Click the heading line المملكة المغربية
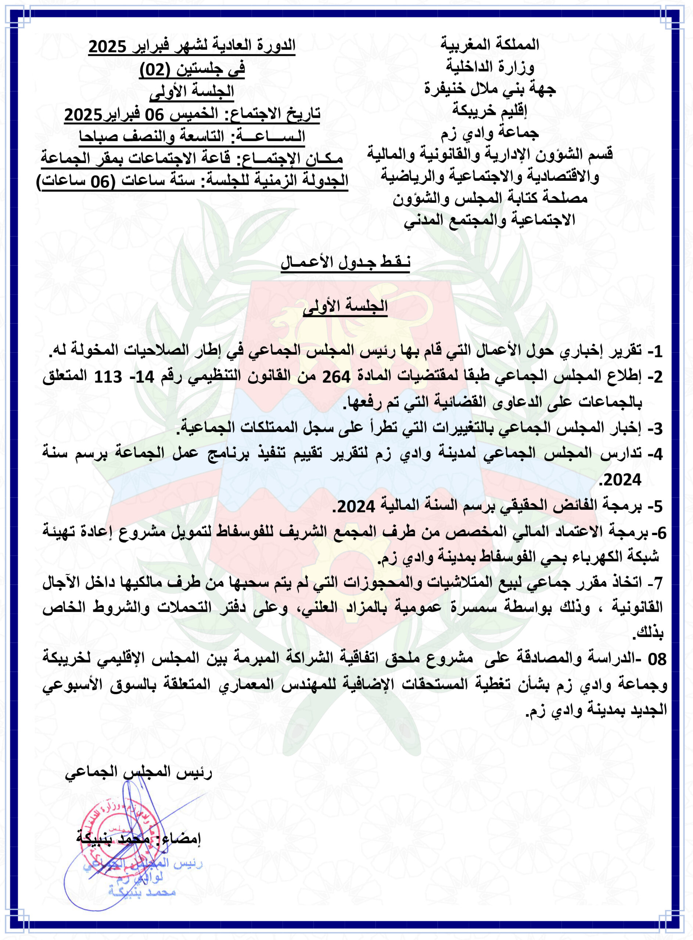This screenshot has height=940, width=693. click(x=489, y=44)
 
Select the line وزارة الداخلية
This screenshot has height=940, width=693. click(x=489, y=66)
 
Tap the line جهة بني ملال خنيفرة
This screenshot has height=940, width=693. click(x=489, y=88)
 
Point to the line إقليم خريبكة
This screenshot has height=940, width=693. click(x=489, y=110)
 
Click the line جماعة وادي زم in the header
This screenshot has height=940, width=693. click(x=489, y=133)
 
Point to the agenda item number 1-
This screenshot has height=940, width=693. click(x=655, y=351)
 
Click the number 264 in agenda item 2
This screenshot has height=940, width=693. click(x=336, y=377)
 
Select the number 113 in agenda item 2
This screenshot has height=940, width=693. click(x=108, y=377)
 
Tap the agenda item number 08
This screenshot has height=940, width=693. click(x=657, y=659)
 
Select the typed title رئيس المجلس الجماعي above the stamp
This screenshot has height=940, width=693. click(x=139, y=771)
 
